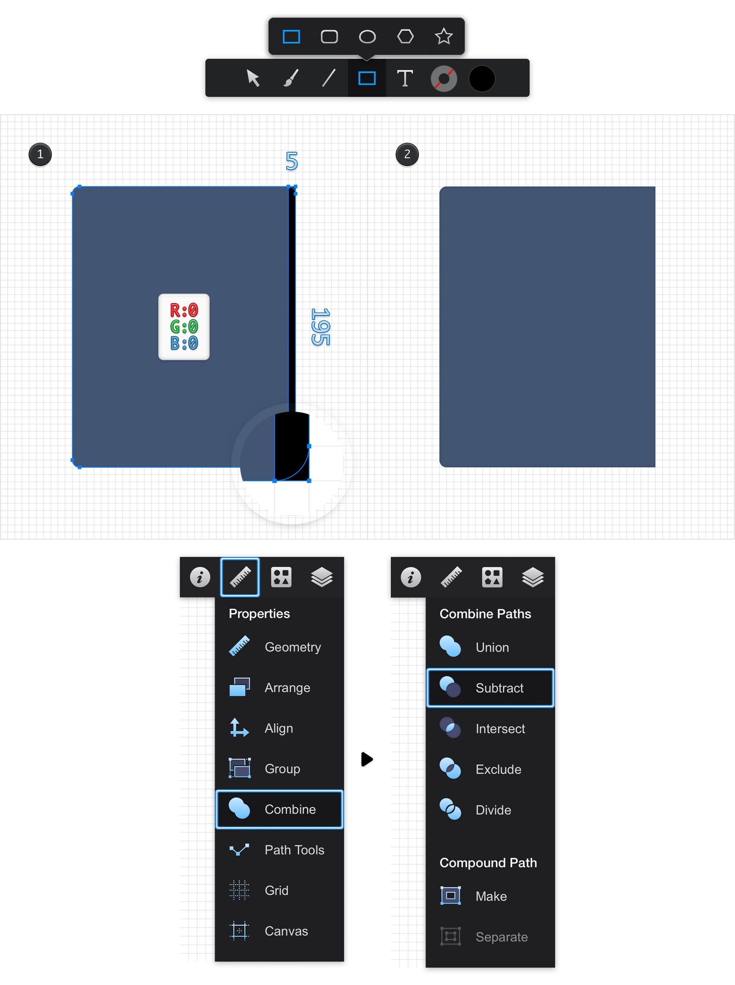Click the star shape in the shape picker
444,36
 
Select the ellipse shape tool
367,36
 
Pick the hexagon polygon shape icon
405,36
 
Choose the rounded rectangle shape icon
329,36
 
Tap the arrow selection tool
253,78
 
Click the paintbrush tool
291,78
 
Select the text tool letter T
405,78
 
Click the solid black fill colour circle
482,79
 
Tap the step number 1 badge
40,154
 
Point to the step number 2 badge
407,154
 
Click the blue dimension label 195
320,327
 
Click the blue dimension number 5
292,161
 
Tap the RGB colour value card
184,327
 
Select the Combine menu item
279,809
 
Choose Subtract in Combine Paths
490,688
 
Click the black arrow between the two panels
367,759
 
